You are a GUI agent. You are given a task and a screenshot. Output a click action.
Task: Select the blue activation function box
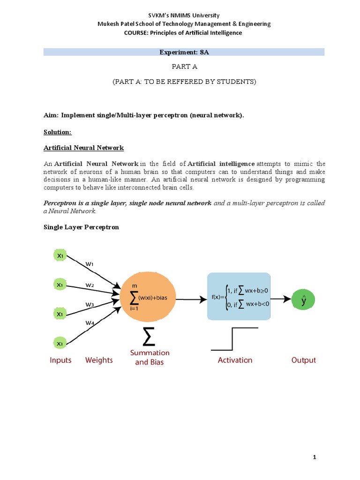pyautogui.click(x=239, y=297)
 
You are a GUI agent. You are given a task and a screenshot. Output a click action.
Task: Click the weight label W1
pyautogui.click(x=90, y=264)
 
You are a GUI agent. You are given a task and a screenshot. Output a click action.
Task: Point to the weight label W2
pyautogui.click(x=90, y=285)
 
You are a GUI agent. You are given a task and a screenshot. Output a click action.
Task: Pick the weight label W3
pyautogui.click(x=90, y=305)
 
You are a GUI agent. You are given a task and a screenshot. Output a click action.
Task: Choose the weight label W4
pyautogui.click(x=90, y=322)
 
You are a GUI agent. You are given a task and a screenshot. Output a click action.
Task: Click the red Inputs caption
pyautogui.click(x=60, y=360)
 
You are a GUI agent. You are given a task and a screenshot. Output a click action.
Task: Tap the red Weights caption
pyautogui.click(x=99, y=360)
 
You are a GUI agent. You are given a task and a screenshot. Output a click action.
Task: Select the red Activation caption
pyautogui.click(x=235, y=360)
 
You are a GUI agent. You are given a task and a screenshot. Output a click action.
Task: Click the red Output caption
pyautogui.click(x=303, y=360)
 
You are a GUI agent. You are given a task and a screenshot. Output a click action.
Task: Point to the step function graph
pyautogui.click(x=234, y=339)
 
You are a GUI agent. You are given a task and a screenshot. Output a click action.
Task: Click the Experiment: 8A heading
pyautogui.click(x=184, y=52)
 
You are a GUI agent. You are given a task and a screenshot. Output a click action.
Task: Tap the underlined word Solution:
pyautogui.click(x=58, y=133)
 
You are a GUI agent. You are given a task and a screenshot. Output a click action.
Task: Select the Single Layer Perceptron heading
pyautogui.click(x=81, y=227)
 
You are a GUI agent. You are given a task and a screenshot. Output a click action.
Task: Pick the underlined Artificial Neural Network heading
pyautogui.click(x=83, y=148)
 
